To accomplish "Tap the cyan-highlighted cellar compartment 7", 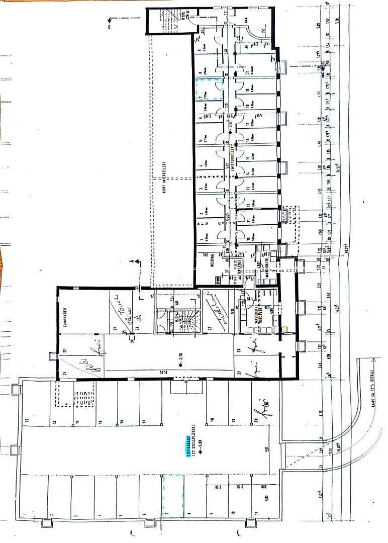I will [x=208, y=89].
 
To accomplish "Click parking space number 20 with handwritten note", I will [x=256, y=420].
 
